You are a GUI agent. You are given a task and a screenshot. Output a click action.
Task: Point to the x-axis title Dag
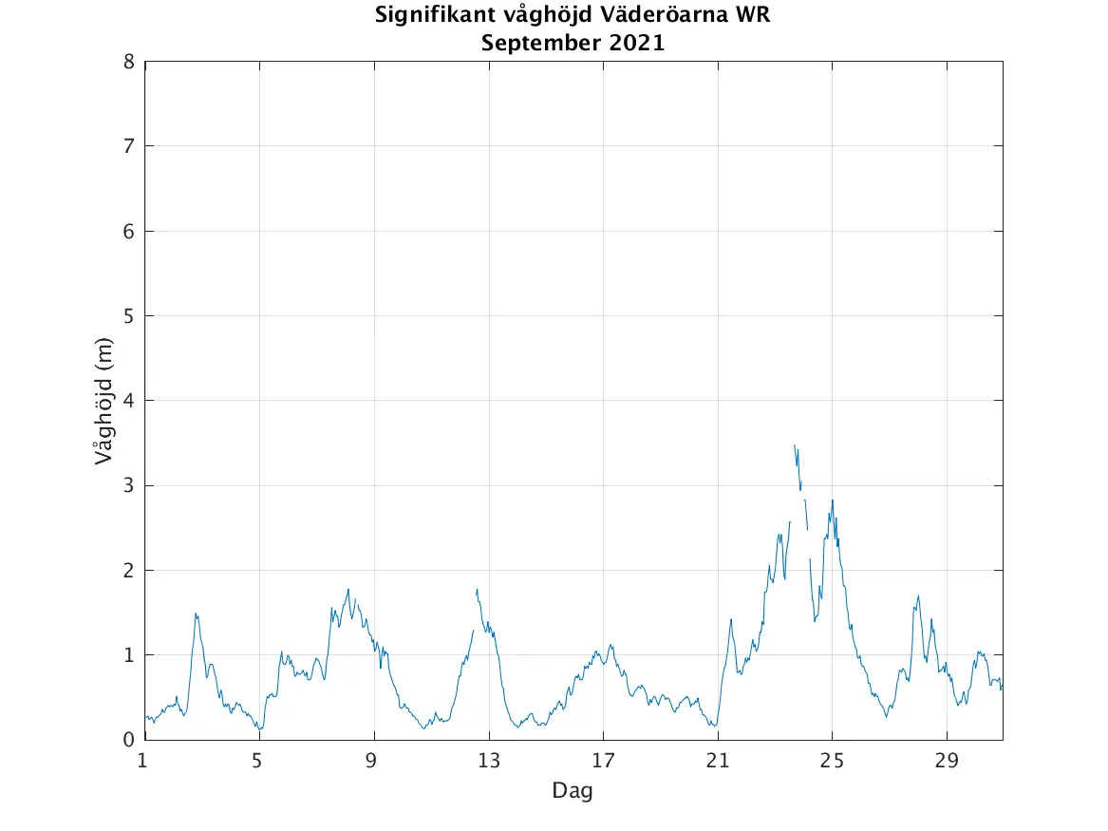(x=573, y=790)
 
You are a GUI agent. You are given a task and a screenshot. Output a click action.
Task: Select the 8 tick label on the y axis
(x=129, y=62)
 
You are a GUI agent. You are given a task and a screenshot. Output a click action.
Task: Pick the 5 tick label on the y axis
(x=129, y=316)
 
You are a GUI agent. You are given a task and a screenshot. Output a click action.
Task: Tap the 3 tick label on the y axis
(x=129, y=485)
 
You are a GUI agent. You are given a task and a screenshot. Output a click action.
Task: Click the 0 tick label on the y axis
(x=129, y=740)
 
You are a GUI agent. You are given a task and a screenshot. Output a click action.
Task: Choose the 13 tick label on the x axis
(x=488, y=761)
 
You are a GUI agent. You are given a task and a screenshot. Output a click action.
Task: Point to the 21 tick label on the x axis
(x=718, y=761)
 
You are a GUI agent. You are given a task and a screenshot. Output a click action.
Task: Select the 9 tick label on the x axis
(x=374, y=761)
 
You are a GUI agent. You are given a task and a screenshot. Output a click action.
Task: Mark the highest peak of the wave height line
(x=795, y=444)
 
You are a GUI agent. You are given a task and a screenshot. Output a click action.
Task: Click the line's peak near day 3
(x=196, y=614)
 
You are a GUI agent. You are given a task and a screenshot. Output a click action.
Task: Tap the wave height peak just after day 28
(x=918, y=595)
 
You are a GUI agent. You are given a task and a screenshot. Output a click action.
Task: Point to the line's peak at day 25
(x=833, y=500)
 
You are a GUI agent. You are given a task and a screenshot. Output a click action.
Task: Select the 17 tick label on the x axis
(x=603, y=761)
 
